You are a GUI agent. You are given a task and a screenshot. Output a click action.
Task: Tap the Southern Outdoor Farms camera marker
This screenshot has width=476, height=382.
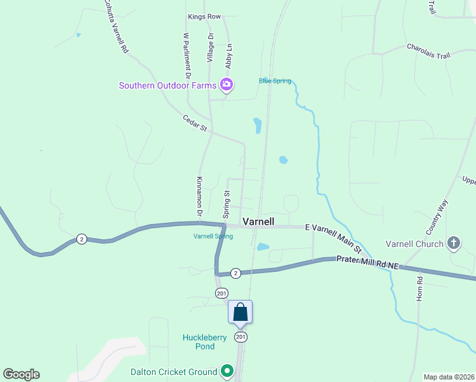point(226,84)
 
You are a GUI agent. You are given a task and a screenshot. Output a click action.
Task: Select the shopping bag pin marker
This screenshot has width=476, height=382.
point(240,312)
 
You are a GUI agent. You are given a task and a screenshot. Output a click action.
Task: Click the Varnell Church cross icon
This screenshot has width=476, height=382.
point(453,242)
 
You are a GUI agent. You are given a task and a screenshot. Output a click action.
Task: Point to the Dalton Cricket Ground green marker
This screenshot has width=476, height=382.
point(227,371)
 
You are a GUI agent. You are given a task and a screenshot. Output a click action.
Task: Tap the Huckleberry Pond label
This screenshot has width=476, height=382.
point(199,342)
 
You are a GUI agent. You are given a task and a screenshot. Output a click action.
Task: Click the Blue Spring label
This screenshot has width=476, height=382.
point(275,81)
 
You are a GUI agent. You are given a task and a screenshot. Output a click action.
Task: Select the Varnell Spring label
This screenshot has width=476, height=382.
point(213,236)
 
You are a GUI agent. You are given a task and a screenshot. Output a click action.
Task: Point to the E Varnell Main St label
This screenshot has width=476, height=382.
point(333,237)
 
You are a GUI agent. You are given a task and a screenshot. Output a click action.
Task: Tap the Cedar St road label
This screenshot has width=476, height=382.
point(195,123)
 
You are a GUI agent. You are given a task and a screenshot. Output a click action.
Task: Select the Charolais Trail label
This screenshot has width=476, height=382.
point(428,51)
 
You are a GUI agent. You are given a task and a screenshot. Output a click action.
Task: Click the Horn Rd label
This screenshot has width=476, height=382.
point(419,288)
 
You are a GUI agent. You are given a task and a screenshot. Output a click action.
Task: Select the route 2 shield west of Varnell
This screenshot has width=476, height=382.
point(81,239)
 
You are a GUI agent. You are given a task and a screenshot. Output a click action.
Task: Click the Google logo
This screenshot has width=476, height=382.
point(21,374)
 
